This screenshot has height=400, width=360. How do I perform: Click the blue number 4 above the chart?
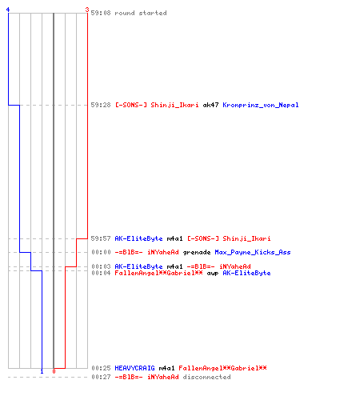8,10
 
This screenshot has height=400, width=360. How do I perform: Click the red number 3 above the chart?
87,10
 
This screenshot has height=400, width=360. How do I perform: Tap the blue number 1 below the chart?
42,371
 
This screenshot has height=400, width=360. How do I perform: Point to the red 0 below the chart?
54,371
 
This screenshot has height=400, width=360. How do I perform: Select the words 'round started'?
141,13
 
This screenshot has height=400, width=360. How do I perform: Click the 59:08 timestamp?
101,13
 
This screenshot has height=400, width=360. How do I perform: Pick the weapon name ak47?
210,105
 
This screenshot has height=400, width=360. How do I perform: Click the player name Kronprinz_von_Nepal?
261,105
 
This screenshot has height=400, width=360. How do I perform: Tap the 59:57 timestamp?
101,238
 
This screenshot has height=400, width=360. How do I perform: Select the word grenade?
197,252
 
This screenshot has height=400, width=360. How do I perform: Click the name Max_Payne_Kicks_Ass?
253,252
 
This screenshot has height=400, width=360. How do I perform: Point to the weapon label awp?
213,273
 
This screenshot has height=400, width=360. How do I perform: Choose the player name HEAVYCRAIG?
134,368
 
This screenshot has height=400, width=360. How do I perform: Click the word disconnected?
206,377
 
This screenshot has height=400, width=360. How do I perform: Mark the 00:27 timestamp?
101,377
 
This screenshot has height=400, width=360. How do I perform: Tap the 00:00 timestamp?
101,252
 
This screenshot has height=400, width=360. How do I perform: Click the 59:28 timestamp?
101,105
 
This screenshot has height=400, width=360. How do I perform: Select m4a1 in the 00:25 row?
166,368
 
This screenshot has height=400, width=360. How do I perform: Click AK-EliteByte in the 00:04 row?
246,273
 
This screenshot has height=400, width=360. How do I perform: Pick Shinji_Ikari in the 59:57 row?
246,238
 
